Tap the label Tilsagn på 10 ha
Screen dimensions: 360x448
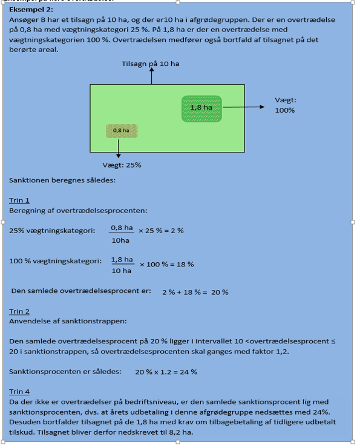151,64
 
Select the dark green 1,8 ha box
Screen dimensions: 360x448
201,108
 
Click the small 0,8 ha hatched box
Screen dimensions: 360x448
122,130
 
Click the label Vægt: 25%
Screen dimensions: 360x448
122,165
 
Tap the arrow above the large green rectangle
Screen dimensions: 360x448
151,76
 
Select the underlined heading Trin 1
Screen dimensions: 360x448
19,200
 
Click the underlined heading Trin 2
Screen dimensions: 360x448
19,311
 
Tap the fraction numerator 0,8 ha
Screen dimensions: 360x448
122,227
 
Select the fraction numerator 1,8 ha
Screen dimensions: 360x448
122,259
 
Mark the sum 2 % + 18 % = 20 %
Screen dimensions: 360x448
195,292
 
